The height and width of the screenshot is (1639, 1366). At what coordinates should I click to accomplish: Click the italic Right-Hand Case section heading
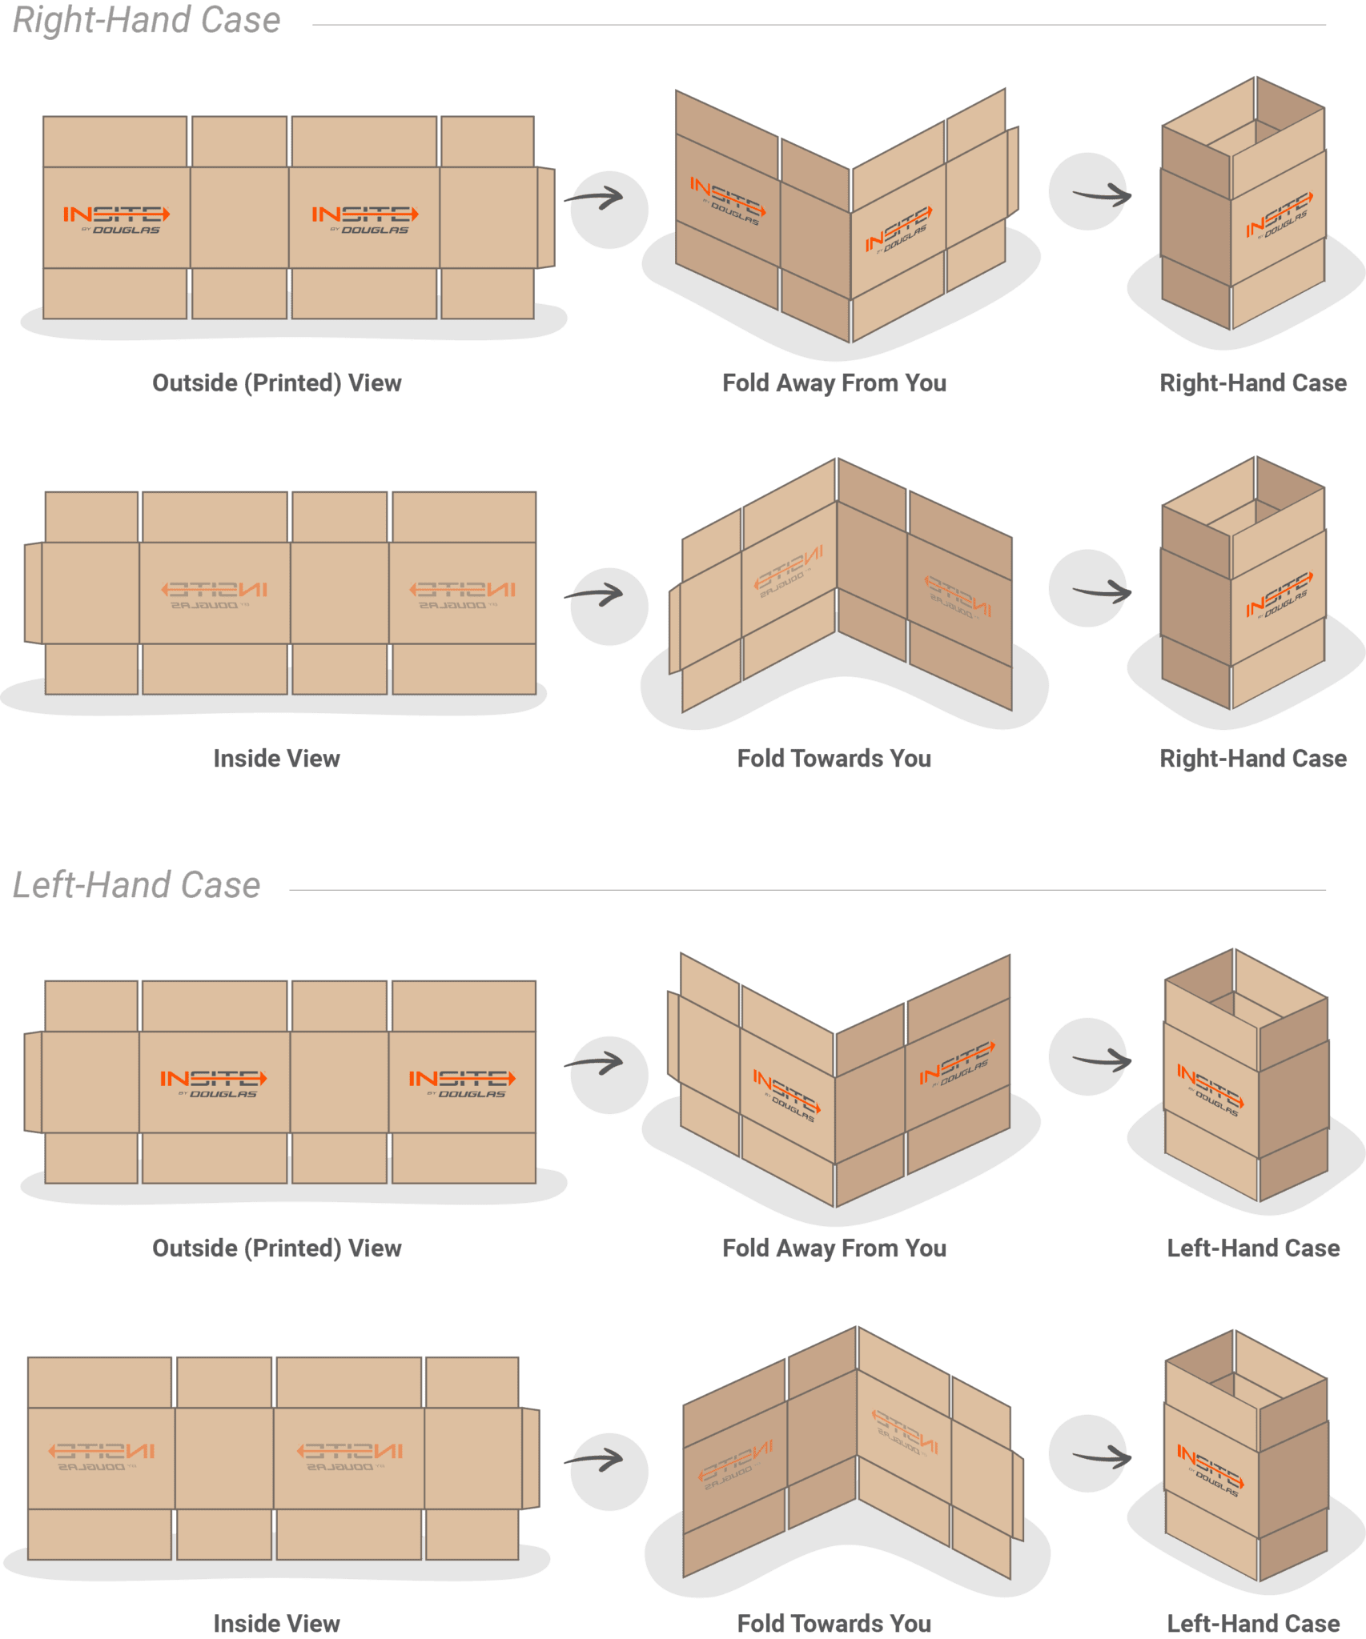147,21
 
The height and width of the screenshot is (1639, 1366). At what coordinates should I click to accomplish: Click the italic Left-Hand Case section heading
136,885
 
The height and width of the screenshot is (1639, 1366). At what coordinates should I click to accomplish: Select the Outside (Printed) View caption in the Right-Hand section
277,383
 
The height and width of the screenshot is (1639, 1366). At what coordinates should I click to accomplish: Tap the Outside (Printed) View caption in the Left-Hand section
277,1248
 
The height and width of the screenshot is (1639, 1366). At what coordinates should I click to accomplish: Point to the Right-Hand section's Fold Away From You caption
834,383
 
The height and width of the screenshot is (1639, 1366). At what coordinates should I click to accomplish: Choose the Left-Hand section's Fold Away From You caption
834,1248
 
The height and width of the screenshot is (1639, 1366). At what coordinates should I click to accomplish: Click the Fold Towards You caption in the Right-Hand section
834,759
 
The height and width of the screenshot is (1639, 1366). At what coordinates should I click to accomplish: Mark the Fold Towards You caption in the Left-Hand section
834,1623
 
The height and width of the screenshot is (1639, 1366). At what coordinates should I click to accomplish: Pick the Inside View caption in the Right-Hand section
277,759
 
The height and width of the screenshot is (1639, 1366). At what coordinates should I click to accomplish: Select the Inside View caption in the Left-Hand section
277,1623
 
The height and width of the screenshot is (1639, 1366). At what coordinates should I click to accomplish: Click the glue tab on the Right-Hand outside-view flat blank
545,218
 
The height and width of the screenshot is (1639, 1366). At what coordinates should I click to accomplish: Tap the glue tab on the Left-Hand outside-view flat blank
33,1082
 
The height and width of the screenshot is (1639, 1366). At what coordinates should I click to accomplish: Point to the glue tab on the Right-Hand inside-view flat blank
33,593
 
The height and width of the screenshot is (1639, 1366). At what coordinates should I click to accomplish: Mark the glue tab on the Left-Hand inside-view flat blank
530,1458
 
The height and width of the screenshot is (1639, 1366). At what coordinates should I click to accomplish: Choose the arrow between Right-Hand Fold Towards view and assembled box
1102,593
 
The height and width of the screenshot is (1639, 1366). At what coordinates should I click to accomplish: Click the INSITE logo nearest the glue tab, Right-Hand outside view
364,218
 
